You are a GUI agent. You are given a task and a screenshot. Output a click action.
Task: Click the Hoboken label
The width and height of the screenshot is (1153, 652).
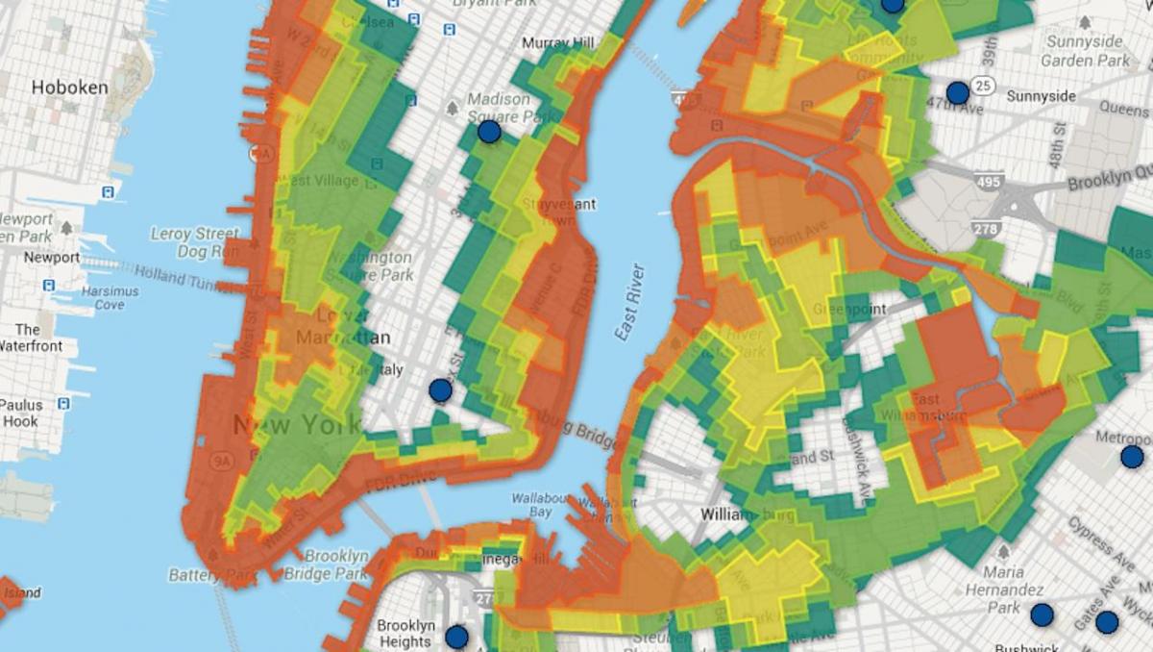(x=69, y=88)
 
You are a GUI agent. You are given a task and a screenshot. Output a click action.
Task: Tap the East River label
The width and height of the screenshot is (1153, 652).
(x=631, y=301)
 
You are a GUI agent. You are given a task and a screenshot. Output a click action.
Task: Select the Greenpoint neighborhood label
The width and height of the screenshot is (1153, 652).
(x=848, y=310)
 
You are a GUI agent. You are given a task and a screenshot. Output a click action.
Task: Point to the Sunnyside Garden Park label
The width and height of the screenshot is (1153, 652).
(x=1087, y=51)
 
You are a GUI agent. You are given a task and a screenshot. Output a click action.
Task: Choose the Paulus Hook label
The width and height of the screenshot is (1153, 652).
(x=20, y=414)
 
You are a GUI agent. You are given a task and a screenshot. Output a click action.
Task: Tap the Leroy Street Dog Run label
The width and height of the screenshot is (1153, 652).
(x=194, y=242)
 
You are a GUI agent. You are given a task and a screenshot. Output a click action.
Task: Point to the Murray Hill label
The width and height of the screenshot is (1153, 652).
(x=558, y=43)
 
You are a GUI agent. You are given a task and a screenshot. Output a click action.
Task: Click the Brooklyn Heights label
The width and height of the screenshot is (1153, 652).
(x=405, y=634)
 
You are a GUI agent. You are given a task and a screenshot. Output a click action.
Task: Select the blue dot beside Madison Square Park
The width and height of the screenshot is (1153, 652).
(x=490, y=132)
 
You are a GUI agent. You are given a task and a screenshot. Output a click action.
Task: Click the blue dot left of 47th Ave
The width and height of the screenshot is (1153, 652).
(x=957, y=93)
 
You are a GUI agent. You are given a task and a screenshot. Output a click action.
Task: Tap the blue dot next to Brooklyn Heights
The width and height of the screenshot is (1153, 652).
(x=456, y=637)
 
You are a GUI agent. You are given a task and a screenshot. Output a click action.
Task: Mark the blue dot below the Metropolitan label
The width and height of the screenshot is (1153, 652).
(x=1132, y=457)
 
